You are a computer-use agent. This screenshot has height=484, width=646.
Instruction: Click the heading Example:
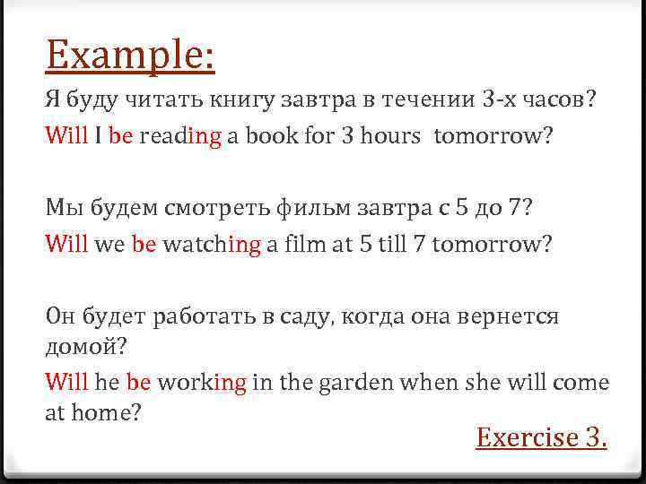point(130,56)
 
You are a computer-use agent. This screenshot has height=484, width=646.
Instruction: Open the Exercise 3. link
point(542,437)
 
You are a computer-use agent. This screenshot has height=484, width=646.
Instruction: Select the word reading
point(179,137)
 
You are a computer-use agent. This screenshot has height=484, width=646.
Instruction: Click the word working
point(204,383)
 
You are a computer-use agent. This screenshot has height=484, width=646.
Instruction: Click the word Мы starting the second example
point(63,209)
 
